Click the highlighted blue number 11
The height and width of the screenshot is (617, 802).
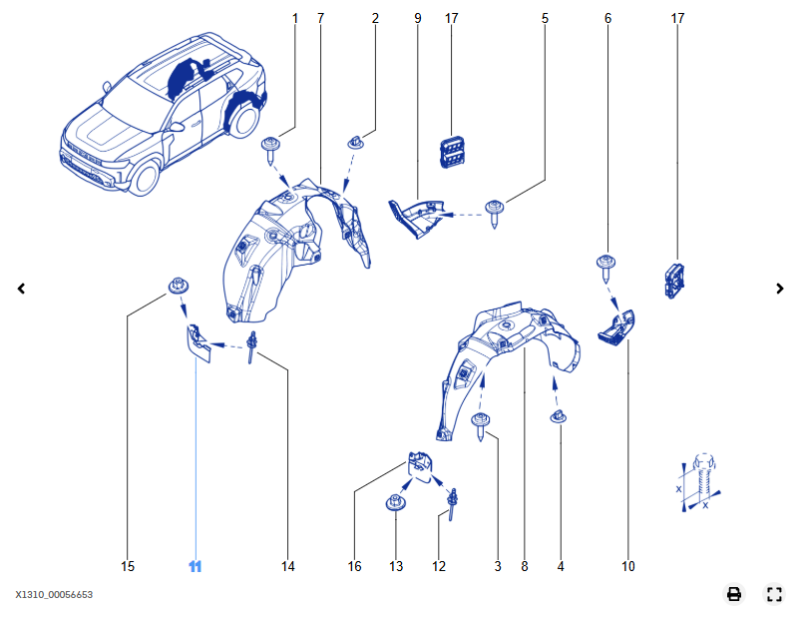coord(196,566)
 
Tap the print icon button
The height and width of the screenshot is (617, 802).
coord(734,594)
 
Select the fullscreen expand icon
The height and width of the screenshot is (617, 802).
coord(774,594)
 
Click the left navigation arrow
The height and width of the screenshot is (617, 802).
coord(21,289)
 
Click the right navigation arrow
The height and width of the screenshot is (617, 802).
coord(780,289)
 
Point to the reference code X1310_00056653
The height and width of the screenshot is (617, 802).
coord(54,595)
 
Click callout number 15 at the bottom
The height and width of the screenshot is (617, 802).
coord(128,566)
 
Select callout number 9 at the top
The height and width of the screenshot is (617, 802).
coord(417,19)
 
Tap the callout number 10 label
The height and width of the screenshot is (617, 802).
coord(628,566)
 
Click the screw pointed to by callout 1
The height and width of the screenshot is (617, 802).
coord(271,150)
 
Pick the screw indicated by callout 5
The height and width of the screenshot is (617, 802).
coord(495,211)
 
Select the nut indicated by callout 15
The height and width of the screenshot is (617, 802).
coord(178,288)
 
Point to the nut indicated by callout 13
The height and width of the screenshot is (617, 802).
coord(396,503)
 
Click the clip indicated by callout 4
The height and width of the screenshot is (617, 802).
coord(560,416)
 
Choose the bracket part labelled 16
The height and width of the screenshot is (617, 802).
coord(419,465)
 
